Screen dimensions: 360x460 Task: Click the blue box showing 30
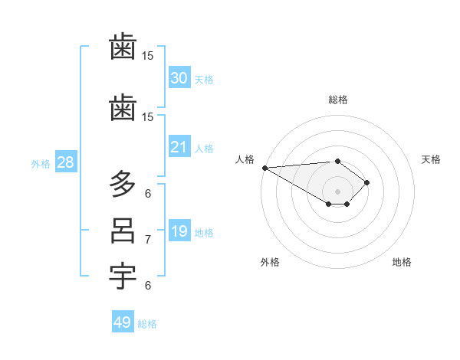(179, 78)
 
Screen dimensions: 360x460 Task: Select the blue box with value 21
(179, 147)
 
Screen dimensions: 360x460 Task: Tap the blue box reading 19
(179, 231)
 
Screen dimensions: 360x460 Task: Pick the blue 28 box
(65, 162)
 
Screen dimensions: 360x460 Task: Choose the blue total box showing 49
(123, 322)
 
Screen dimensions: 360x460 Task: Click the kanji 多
(123, 184)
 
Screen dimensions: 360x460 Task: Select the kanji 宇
(123, 277)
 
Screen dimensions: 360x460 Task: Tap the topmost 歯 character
(123, 48)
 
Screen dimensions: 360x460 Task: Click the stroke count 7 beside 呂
(148, 240)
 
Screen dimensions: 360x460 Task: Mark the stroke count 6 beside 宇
(148, 286)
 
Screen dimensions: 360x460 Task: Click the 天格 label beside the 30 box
(203, 79)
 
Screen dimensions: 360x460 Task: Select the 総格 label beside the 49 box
(147, 323)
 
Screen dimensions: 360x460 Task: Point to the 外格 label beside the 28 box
(41, 163)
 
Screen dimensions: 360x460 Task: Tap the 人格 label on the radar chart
(245, 159)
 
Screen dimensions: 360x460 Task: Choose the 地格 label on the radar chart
(402, 262)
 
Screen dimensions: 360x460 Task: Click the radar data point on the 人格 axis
(264, 168)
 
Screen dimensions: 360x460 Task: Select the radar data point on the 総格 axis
(337, 161)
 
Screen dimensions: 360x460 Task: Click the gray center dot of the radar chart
(337, 191)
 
